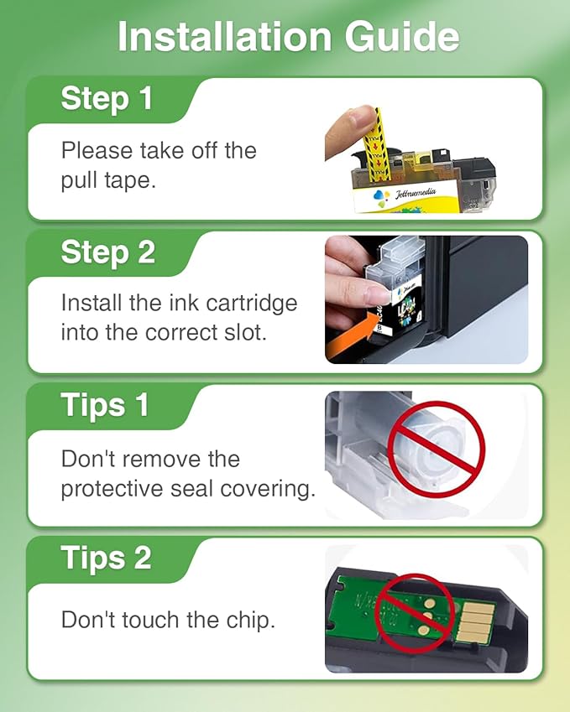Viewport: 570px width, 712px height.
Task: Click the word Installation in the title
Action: point(224,36)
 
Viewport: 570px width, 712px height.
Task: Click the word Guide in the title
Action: point(402,36)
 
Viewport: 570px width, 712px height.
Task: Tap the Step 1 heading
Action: point(107,98)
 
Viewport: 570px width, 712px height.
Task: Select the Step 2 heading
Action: point(108,252)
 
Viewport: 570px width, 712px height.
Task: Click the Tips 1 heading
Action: point(105,404)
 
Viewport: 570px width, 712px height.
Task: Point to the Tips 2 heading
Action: point(106,558)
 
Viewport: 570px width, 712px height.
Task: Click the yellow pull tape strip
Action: point(377,144)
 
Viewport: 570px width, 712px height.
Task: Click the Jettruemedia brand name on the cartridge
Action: point(415,194)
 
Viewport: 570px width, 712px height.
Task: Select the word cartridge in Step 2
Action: point(251,304)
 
